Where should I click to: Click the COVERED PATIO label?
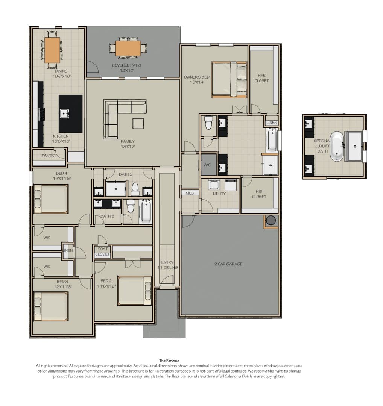[x=126, y=65]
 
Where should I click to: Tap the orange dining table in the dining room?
[x=52, y=50]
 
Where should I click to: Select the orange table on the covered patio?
[x=128, y=48]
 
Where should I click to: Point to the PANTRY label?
[x=49, y=155]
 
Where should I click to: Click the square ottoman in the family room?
[x=138, y=123]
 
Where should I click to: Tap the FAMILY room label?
[x=128, y=141]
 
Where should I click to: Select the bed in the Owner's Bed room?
[x=229, y=80]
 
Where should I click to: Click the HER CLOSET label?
[x=261, y=78]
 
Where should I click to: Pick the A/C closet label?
[x=207, y=165]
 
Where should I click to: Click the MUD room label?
[x=190, y=193]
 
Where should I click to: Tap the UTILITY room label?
[x=219, y=194]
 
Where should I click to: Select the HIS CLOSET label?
[x=259, y=194]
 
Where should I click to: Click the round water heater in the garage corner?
[x=271, y=220]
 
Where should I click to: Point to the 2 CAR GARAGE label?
[x=228, y=264]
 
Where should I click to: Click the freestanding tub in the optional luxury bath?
[x=337, y=146]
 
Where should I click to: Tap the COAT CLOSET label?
[x=103, y=251]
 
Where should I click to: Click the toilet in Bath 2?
[x=135, y=189]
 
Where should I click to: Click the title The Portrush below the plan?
[x=169, y=361]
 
